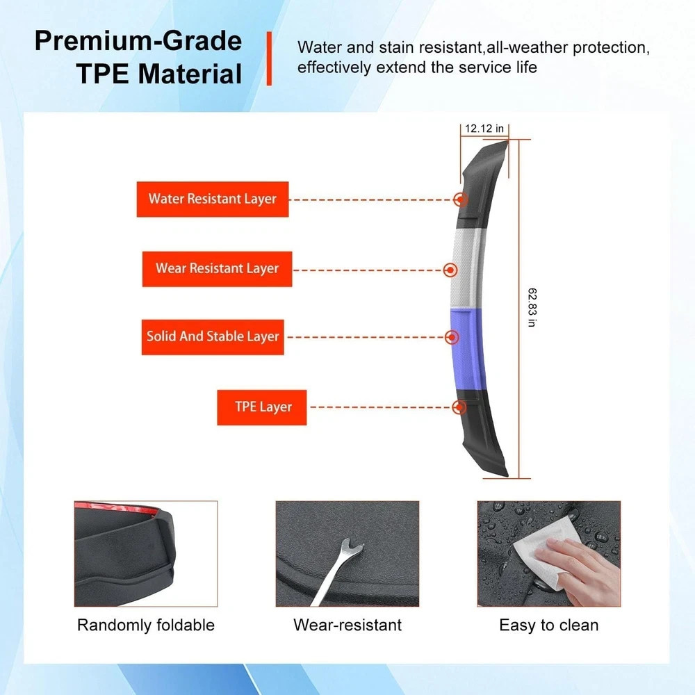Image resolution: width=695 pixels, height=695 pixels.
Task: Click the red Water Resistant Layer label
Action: click(212, 199)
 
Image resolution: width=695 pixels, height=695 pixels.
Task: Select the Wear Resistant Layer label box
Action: click(217, 268)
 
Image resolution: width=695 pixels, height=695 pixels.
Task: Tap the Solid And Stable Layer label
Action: click(213, 337)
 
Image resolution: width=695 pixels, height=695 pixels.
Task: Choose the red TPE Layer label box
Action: click(262, 407)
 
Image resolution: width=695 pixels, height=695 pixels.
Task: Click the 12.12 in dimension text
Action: click(484, 129)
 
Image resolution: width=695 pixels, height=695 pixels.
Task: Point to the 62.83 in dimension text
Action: click(532, 307)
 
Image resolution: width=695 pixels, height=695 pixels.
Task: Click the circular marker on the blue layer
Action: click(452, 337)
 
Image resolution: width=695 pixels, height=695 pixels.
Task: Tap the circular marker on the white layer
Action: click(450, 270)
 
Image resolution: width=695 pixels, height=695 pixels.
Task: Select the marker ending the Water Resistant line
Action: click(461, 199)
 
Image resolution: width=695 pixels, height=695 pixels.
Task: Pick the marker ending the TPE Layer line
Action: click(459, 407)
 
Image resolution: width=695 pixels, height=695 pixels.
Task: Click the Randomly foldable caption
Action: click(146, 625)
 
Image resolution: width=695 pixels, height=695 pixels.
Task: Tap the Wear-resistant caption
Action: click(347, 625)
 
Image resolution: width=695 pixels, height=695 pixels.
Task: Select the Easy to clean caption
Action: click(549, 625)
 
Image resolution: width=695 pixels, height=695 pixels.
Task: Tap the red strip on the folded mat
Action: click(116, 508)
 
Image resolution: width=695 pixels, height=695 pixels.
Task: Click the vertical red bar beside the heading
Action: click(268, 58)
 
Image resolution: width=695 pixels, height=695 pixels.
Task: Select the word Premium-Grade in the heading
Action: click(138, 41)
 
